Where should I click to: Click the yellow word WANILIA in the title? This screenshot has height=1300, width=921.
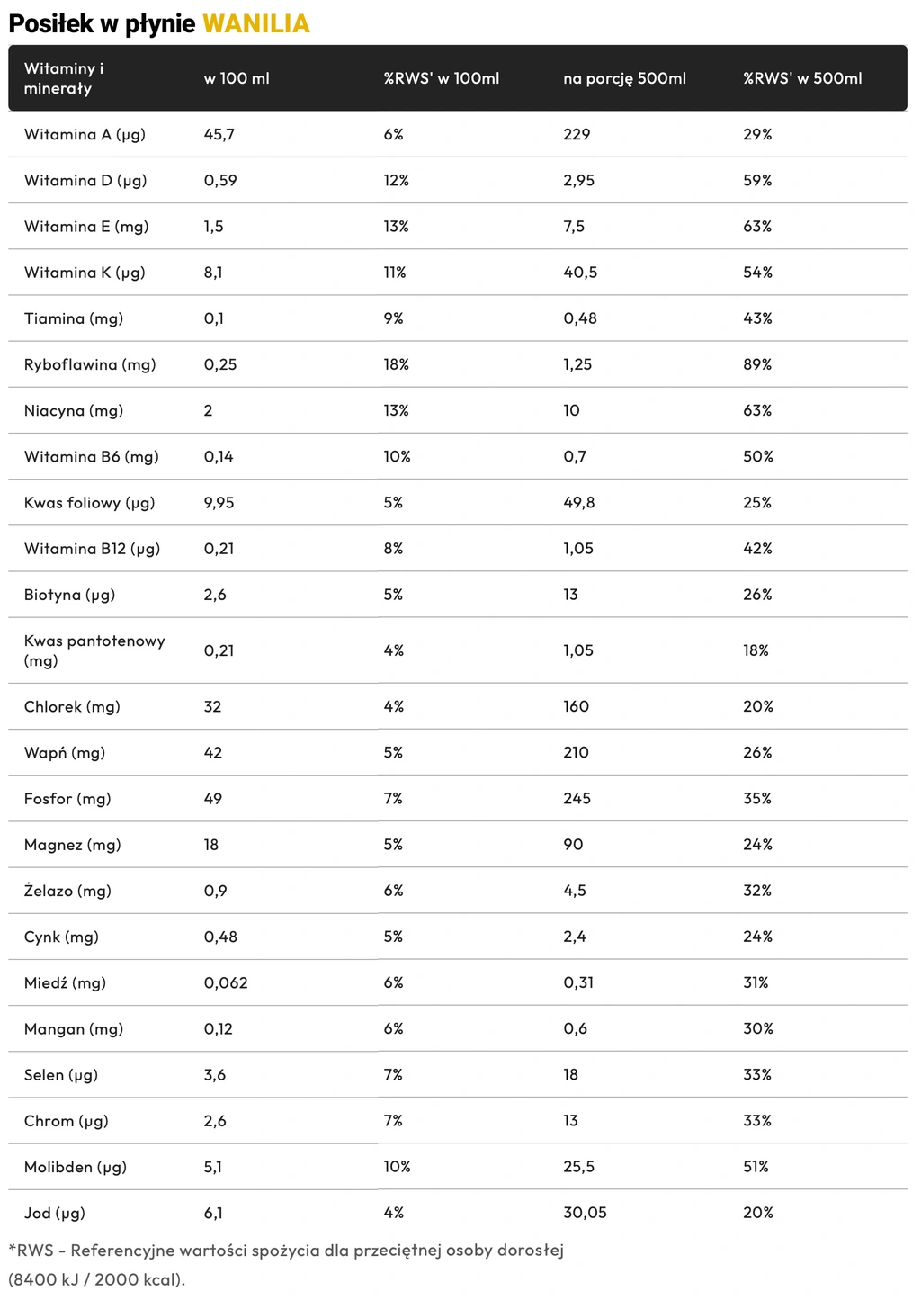tap(256, 24)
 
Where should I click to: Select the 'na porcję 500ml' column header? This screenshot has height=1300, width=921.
tap(624, 78)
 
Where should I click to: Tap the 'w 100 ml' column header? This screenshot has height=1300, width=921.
tap(237, 78)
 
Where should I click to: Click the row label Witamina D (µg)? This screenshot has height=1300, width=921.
tap(85, 180)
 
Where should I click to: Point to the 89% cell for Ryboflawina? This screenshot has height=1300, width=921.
tap(757, 364)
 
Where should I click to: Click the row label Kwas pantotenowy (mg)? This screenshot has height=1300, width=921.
tap(94, 650)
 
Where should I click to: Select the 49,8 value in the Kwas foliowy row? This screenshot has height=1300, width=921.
tap(578, 502)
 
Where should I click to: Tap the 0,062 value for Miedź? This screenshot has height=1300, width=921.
tap(226, 982)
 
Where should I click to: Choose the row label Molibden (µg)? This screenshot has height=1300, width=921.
tap(76, 1167)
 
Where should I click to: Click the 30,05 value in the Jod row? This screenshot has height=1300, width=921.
tap(585, 1213)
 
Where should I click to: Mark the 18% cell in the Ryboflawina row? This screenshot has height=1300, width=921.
tap(396, 364)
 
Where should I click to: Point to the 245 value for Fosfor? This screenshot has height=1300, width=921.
tap(577, 798)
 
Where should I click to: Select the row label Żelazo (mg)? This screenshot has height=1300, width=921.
tap(67, 891)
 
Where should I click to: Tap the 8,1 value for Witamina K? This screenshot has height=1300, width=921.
tap(213, 272)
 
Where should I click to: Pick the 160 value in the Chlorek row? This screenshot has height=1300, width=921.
tap(576, 706)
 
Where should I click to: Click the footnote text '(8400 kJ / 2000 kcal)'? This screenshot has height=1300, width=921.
tap(96, 1279)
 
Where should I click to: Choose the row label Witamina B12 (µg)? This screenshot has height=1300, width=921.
tap(92, 548)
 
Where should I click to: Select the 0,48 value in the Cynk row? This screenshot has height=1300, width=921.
tap(219, 937)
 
